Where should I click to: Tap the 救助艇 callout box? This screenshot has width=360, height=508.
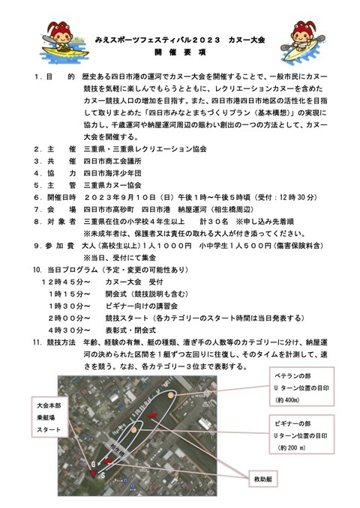click(x=268, y=477)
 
